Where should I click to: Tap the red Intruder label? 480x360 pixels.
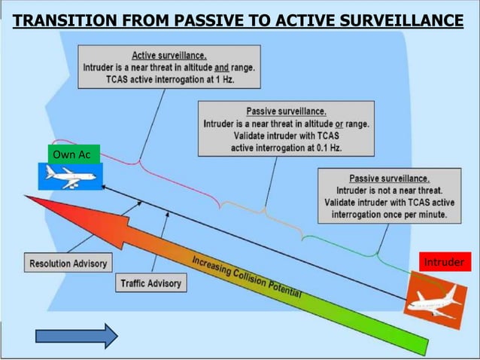[445, 262]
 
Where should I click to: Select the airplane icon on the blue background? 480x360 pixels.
[69, 177]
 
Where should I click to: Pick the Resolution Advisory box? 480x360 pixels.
[68, 264]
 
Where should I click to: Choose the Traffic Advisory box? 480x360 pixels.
[150, 283]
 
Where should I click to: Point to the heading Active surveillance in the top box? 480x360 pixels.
[169, 55]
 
